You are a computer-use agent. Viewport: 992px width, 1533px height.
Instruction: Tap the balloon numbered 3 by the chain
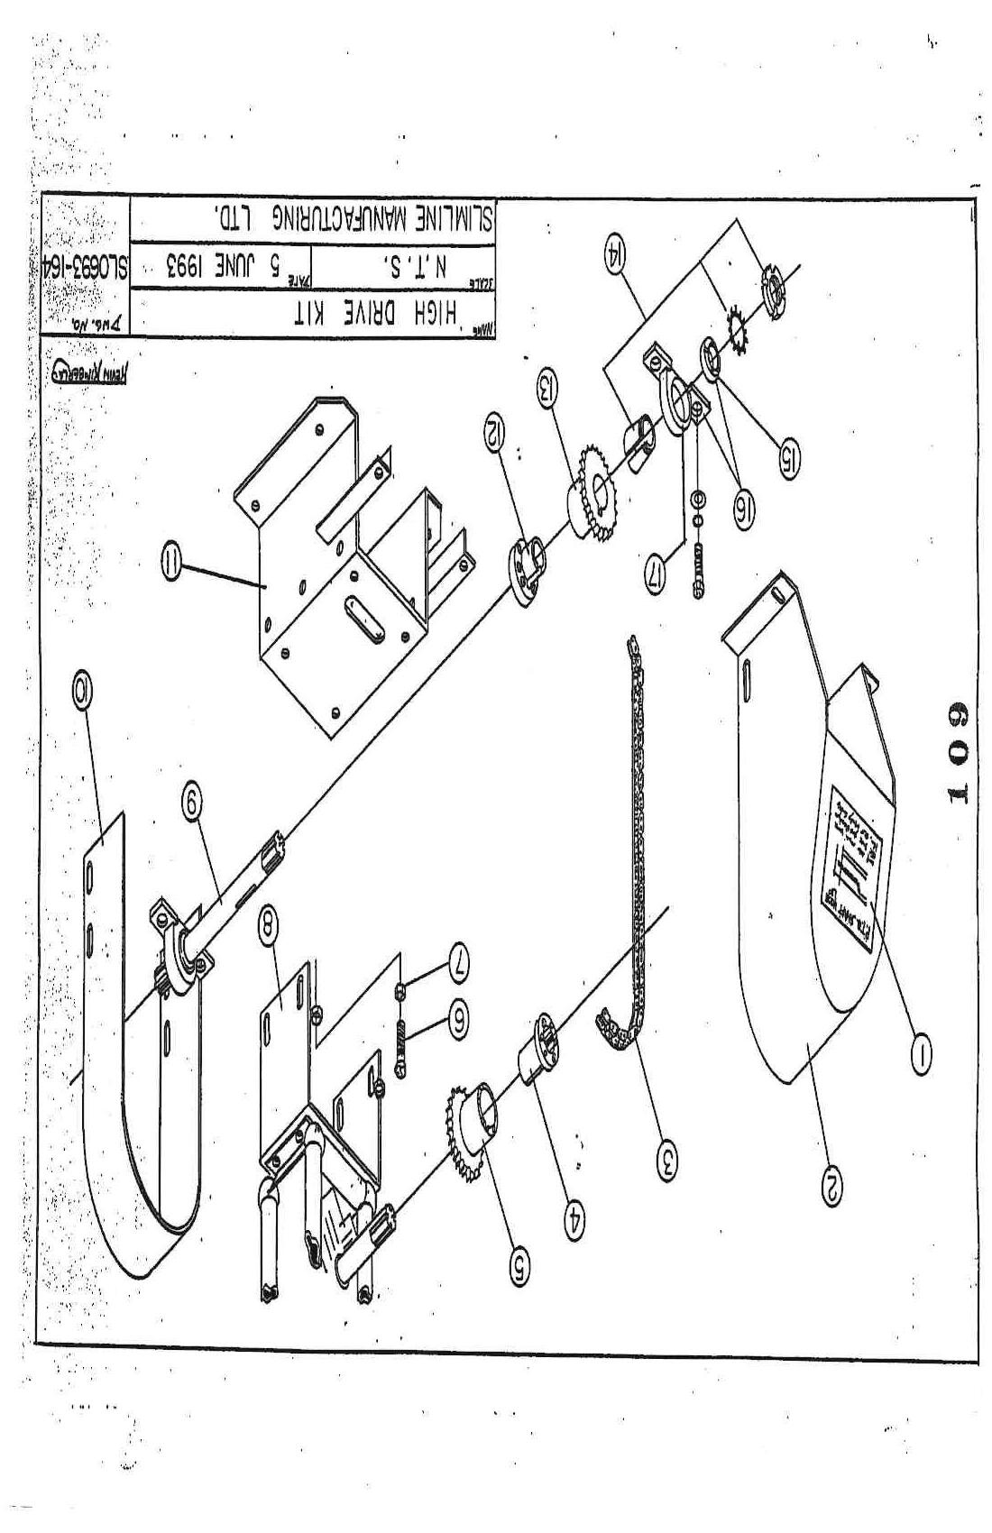coord(666,1156)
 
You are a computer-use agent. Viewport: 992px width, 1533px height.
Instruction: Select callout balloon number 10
coord(82,691)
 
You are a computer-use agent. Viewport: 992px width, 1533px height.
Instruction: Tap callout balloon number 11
coord(169,565)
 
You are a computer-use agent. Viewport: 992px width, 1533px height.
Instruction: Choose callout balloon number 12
coord(493,428)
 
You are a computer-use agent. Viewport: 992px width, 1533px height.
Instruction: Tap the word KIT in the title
coord(314,314)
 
